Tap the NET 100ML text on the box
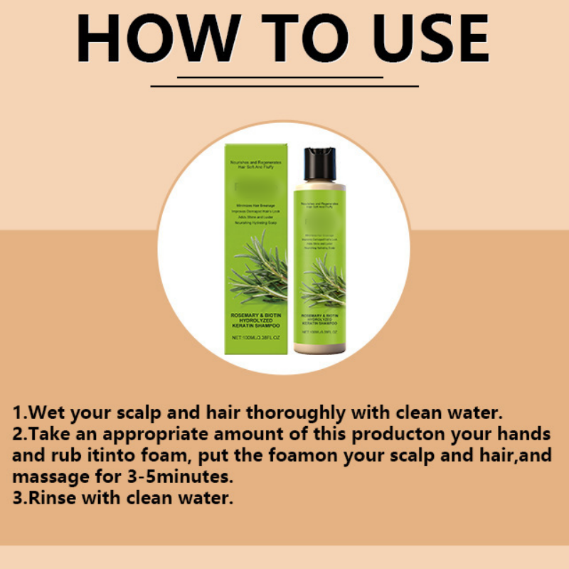258,336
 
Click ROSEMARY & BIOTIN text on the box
258,314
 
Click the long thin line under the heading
284,86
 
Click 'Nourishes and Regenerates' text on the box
258,164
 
